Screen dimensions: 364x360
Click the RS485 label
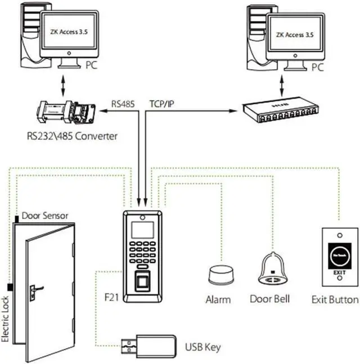coord(123,104)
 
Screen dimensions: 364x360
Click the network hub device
coord(279,111)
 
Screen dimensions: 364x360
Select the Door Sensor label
coord(44,216)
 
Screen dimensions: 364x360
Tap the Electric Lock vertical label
coord(6,319)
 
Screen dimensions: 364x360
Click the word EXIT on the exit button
coord(339,273)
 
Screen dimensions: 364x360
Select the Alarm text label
coord(218,299)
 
